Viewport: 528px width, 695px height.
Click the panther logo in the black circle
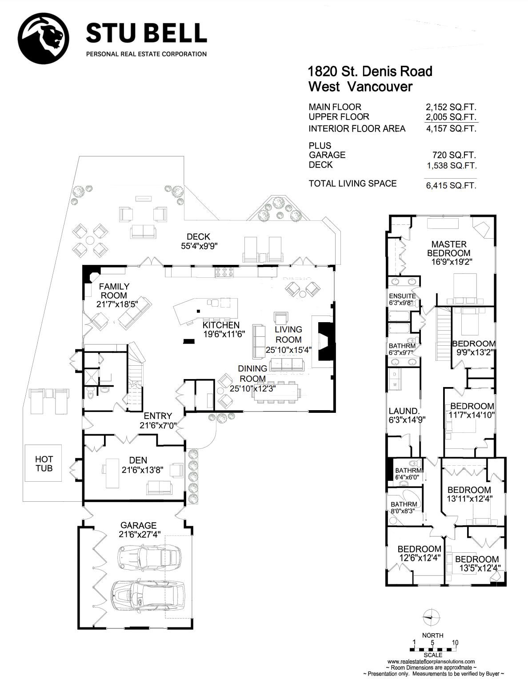coord(44,39)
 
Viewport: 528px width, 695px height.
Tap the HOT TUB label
coord(44,464)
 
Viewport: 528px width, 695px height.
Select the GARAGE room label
coord(138,525)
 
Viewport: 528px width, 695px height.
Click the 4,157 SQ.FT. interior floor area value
coord(451,129)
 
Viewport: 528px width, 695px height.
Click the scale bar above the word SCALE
coord(433,649)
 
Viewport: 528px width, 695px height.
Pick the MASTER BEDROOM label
coord(449,248)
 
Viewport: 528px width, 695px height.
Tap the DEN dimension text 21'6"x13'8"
coord(143,470)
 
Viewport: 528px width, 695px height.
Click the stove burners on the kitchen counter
coord(224,272)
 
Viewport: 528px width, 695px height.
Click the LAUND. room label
coord(404,411)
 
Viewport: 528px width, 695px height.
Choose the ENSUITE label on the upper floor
coord(402,296)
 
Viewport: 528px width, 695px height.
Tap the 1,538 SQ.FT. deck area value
coord(452,166)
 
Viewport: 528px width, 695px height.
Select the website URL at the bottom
coord(431,661)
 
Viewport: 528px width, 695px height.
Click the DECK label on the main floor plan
coord(199,236)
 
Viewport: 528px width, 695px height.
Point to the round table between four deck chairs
coord(90,240)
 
